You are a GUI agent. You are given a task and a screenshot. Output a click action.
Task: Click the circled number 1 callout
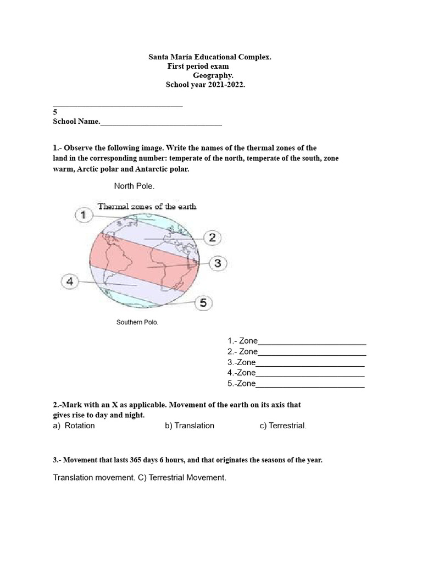83,215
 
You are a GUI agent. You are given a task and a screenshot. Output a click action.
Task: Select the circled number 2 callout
212,238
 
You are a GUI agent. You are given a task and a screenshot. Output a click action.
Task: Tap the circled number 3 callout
218,263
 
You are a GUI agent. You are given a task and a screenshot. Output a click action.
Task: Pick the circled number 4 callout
70,282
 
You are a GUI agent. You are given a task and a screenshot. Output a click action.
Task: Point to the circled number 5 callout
203,302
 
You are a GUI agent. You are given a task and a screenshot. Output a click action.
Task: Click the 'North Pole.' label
134,186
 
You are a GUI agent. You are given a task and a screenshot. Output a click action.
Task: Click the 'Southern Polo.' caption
137,323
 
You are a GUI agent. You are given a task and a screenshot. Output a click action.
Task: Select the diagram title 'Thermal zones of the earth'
147,207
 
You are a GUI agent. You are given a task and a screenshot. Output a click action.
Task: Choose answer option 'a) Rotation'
74,426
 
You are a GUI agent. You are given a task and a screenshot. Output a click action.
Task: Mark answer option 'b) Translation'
189,426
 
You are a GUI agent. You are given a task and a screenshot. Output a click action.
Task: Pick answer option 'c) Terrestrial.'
283,426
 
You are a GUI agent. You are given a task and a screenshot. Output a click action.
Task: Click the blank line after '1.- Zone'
312,343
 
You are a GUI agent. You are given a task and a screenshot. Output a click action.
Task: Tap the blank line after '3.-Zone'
310,364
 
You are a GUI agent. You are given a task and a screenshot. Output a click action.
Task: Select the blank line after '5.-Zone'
310,385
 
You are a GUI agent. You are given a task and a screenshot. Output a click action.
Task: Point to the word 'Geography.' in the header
213,75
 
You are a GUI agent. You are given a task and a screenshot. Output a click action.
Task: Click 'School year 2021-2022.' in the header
206,85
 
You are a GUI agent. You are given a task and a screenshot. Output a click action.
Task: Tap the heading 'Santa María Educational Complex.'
210,57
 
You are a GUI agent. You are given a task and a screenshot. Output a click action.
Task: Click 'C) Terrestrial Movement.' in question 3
182,478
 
